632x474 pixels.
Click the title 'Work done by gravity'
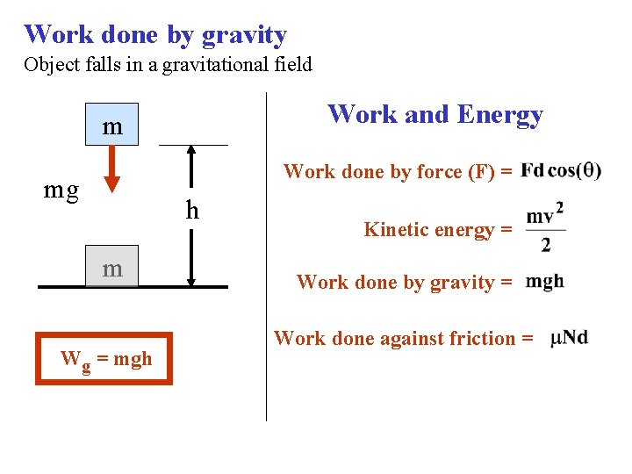click(155, 35)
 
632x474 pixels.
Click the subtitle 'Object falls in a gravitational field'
click(169, 65)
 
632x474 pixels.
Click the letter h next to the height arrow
click(192, 211)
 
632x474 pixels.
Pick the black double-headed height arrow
click(192, 215)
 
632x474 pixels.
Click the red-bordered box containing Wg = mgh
click(104, 358)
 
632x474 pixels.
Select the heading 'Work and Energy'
click(435, 114)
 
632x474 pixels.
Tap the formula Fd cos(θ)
click(561, 170)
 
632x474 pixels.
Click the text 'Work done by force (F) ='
click(398, 172)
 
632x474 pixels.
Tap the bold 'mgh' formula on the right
click(545, 282)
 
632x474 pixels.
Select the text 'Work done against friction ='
click(404, 338)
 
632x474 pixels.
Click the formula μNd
click(569, 338)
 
